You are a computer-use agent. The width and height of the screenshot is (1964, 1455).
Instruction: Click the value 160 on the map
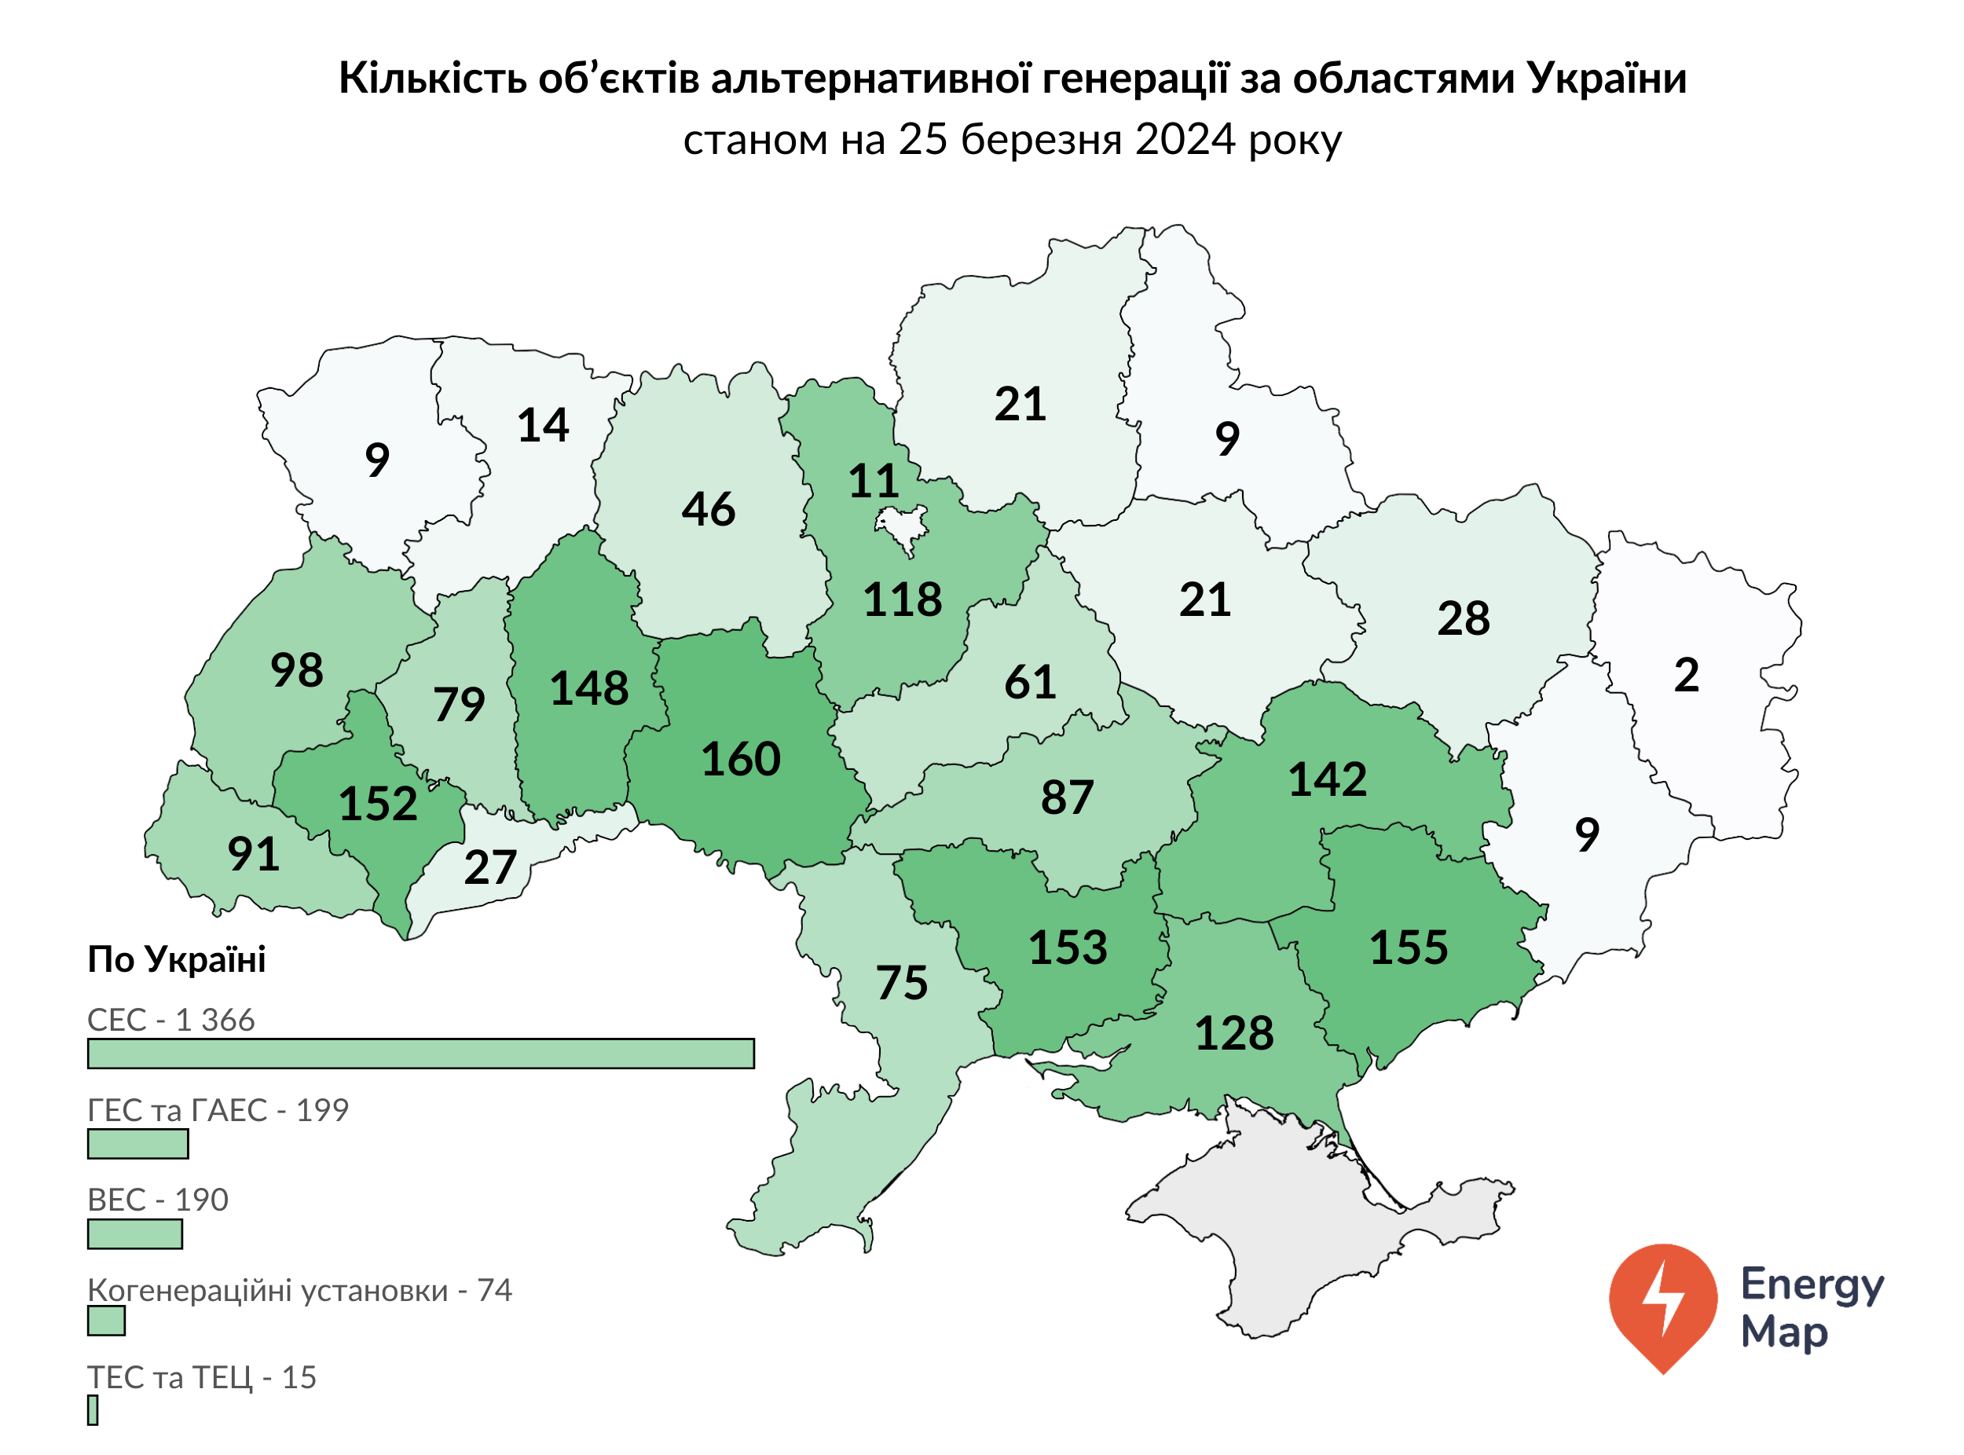point(740,759)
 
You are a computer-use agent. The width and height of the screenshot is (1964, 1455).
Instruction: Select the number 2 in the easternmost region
point(1685,676)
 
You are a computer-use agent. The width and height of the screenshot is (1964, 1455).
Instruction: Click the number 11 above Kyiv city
point(873,481)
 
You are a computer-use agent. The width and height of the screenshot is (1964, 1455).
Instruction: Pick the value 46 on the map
point(707,509)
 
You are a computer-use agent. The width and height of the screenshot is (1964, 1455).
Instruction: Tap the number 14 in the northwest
point(543,425)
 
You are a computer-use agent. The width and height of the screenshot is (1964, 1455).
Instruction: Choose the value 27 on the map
point(489,867)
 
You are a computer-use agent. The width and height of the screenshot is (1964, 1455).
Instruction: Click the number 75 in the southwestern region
point(901,983)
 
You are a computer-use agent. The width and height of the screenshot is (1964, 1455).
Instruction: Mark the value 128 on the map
point(1233,1033)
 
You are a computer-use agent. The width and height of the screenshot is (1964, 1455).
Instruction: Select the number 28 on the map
point(1463,618)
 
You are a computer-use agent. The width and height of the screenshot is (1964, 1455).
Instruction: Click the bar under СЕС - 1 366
point(420,1054)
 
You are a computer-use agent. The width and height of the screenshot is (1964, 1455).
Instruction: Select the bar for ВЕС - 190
point(135,1234)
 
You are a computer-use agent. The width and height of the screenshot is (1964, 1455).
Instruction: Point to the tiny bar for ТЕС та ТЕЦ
point(93,1410)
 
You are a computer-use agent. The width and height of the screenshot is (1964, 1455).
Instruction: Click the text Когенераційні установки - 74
point(299,1290)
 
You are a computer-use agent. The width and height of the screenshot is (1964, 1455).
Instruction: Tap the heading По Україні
point(176,959)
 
